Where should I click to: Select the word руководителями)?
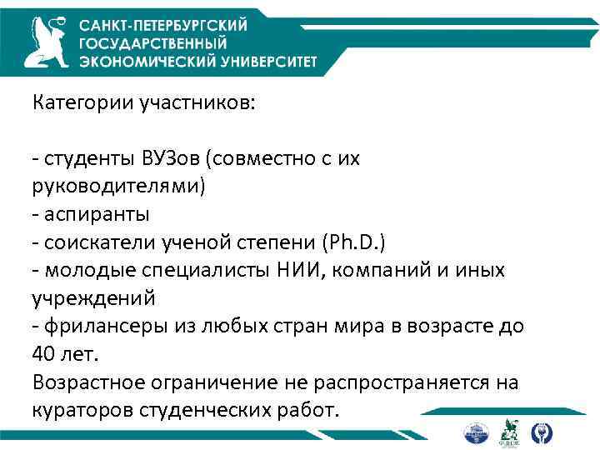click(117, 186)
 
